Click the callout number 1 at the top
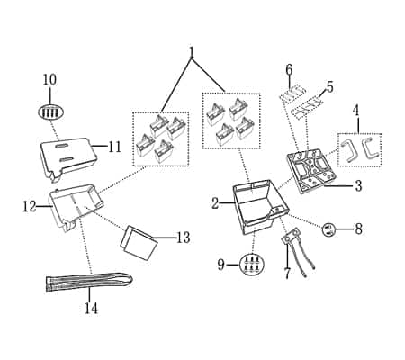point(191,51)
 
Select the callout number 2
point(215,203)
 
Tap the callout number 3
point(357,186)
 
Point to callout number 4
point(356,111)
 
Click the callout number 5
point(329,87)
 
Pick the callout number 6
point(289,69)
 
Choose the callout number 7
point(287,274)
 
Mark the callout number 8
point(358,229)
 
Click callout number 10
point(49,80)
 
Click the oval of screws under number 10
point(50,112)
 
